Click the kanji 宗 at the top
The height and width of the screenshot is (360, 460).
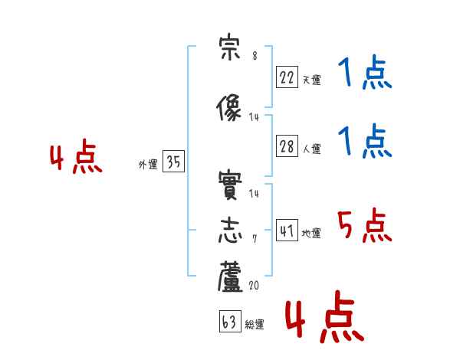(x=230, y=47)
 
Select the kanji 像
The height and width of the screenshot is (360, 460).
(x=228, y=107)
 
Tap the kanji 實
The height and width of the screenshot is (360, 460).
(x=230, y=185)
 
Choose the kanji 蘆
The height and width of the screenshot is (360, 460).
(x=230, y=277)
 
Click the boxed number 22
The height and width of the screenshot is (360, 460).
(x=287, y=77)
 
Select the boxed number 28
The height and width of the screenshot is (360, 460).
(x=287, y=146)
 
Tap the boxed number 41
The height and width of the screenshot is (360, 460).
(x=287, y=230)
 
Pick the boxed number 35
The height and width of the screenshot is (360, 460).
(x=173, y=161)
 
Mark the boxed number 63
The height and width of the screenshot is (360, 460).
(x=230, y=321)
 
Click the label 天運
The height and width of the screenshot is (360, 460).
(x=311, y=80)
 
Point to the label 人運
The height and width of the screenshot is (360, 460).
(x=311, y=149)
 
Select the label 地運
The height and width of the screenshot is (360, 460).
(x=311, y=233)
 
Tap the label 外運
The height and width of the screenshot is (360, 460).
(x=148, y=165)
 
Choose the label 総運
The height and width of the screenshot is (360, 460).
(x=255, y=324)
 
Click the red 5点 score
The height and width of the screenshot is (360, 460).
(x=365, y=225)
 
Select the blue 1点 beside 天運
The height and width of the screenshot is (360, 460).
(x=365, y=72)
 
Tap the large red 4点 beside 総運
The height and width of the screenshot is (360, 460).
(x=325, y=316)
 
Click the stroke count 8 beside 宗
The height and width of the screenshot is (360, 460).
(x=255, y=56)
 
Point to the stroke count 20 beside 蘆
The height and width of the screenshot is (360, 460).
(x=254, y=285)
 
